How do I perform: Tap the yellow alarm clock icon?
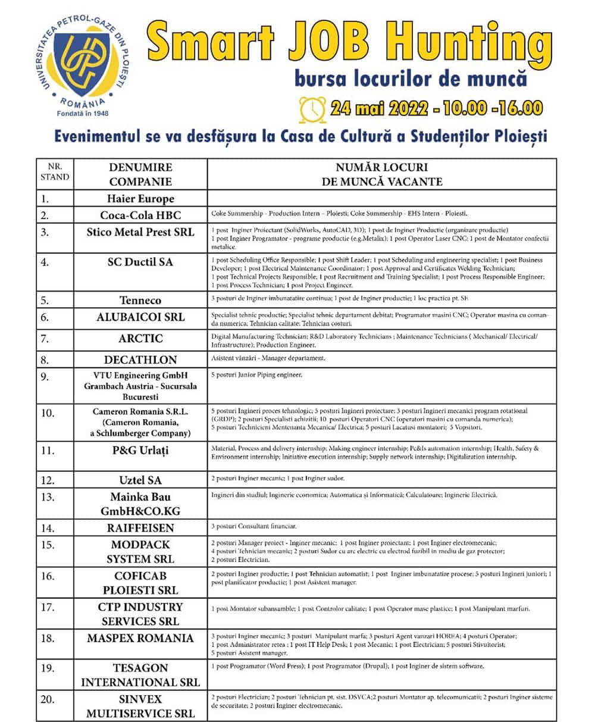pyautogui.click(x=311, y=108)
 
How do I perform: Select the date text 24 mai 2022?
pyautogui.click(x=378, y=108)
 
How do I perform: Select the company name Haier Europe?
pyautogui.click(x=140, y=199)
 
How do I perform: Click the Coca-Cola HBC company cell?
pyautogui.click(x=140, y=215)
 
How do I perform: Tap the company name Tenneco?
pyautogui.click(x=140, y=300)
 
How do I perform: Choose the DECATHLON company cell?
pyautogui.click(x=140, y=360)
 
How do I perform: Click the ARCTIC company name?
pyautogui.click(x=140, y=339)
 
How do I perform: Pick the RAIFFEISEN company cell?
pyautogui.click(x=140, y=527)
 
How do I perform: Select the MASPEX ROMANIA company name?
pyautogui.click(x=140, y=638)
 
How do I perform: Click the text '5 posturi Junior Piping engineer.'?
pyautogui.click(x=256, y=375)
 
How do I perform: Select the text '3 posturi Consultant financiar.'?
pyautogui.click(x=253, y=526)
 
